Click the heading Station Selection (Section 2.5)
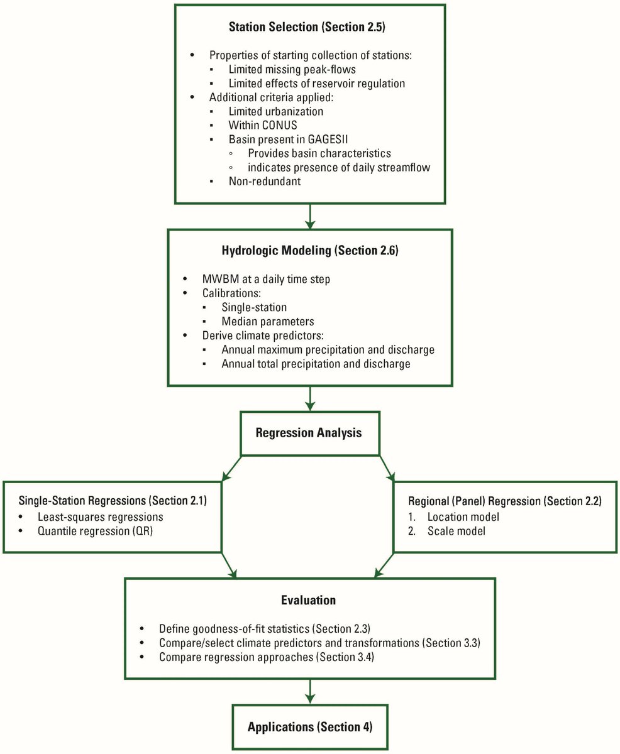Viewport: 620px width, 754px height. click(309, 28)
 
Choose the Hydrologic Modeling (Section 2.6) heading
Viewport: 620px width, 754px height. click(309, 251)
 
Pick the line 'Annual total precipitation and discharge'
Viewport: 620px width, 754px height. click(316, 363)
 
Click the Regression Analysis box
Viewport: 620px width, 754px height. click(309, 434)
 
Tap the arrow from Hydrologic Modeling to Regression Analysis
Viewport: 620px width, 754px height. click(309, 398)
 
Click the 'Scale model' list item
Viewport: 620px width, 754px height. click(451, 532)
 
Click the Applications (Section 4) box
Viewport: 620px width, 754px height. click(309, 727)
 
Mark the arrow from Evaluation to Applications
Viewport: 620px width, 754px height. click(309, 691)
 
